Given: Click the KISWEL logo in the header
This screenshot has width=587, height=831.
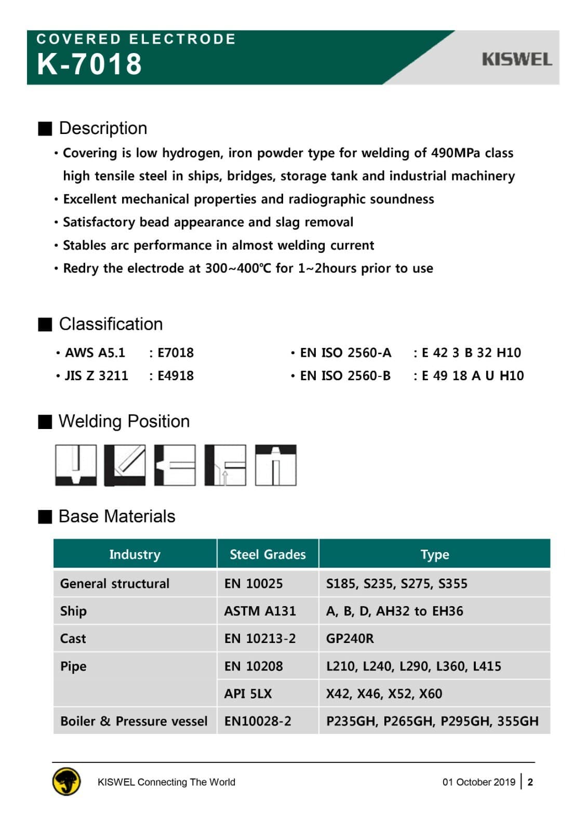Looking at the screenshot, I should tap(516, 59).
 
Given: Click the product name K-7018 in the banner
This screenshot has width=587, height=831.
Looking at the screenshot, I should tap(89, 64).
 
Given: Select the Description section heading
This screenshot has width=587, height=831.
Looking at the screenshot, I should tap(103, 128).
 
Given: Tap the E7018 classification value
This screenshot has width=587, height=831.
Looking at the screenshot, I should tap(176, 353).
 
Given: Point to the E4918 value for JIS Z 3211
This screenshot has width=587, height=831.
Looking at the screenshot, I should tap(176, 376).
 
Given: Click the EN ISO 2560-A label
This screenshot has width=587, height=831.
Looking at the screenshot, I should tap(345, 353).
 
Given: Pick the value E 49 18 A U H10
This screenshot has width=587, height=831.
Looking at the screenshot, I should tap(473, 376).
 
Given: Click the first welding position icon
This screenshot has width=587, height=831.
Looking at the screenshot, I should tap(76, 465).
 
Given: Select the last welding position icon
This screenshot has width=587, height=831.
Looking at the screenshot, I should tap(276, 465).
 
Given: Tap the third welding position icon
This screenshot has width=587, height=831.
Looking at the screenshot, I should tap(175, 465).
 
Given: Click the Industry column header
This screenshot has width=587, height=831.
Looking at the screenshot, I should tap(135, 554).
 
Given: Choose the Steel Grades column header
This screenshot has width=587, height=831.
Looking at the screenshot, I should tap(268, 554).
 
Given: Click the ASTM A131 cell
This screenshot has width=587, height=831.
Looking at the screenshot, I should tap(260, 611).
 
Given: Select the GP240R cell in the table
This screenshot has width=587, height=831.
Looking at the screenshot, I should tap(350, 639).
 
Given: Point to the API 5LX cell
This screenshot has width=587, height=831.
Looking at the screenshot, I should tap(248, 694).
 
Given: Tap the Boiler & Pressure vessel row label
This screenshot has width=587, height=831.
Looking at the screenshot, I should tap(134, 721).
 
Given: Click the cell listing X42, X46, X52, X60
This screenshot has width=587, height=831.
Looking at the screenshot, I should tap(384, 694).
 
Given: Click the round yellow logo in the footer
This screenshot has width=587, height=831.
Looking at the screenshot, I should tap(66, 782).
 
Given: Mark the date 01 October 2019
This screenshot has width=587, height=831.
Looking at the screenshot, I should tap(478, 782).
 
